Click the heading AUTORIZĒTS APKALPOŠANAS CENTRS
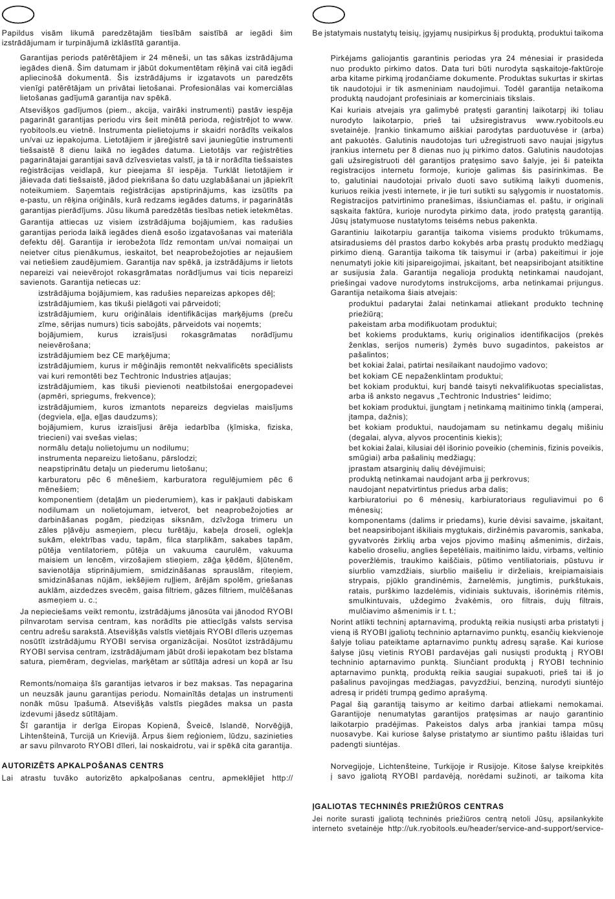point(74,766)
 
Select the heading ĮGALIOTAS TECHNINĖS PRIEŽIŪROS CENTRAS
point(407,806)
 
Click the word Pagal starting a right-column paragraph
point(341,704)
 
